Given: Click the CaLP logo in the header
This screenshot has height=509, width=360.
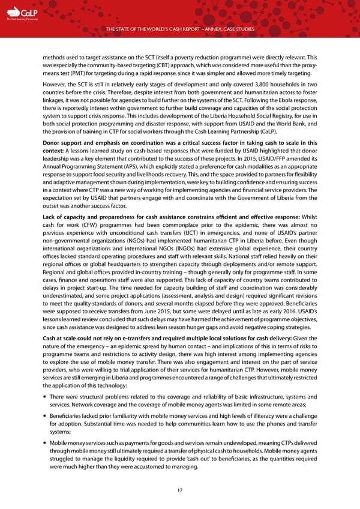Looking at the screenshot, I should pyautogui.click(x=25, y=13).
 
